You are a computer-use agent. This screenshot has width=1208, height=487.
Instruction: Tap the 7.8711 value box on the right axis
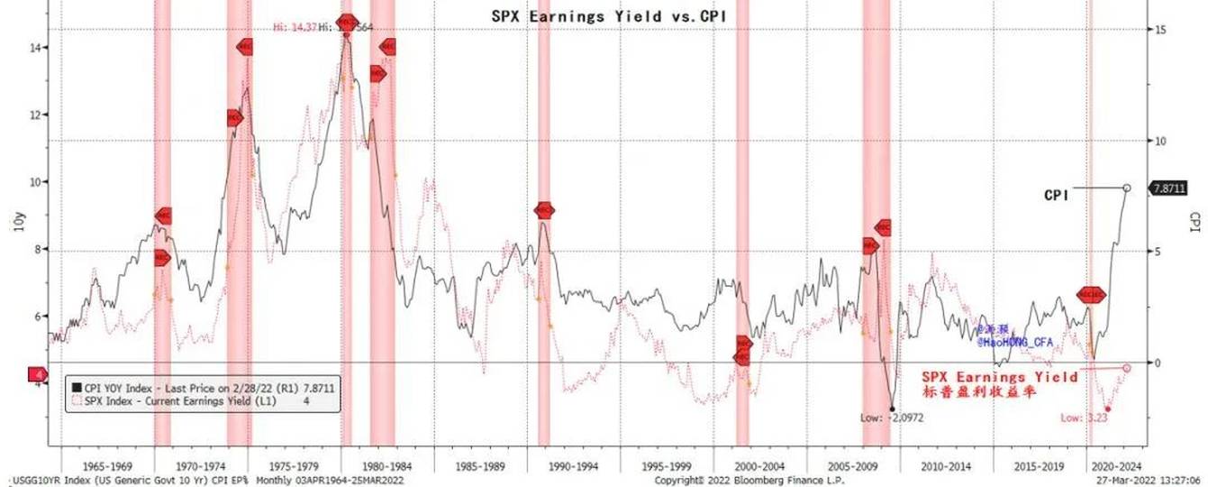(x=1172, y=188)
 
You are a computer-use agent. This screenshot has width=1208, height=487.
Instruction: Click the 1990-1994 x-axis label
(x=574, y=467)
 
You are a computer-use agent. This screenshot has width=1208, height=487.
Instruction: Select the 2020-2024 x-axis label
(x=1116, y=467)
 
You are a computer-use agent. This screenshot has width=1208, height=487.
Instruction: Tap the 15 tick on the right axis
(x=1160, y=30)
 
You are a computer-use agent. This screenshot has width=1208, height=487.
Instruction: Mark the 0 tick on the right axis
(x=1159, y=363)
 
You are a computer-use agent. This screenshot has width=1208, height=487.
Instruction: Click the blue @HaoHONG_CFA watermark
(x=1015, y=341)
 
